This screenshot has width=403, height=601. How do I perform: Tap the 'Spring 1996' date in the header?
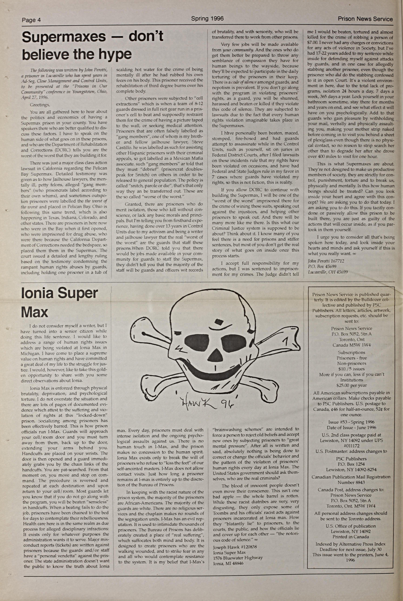point(207,18)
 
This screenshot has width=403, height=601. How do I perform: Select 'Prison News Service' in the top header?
point(365,19)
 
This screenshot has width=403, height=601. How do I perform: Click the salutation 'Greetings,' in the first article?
point(40,105)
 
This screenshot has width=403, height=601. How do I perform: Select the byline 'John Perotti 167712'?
point(326,261)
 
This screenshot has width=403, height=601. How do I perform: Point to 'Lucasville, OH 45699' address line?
point(328,272)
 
